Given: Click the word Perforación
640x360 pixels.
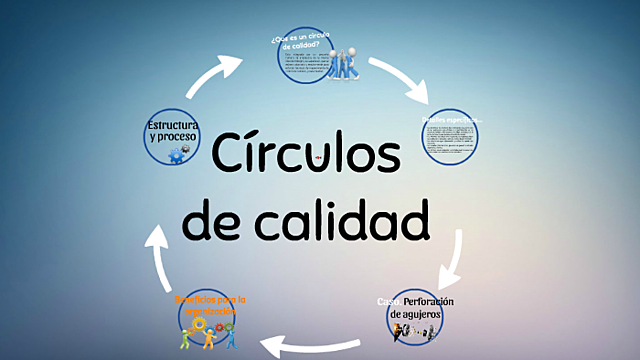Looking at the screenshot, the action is [429, 301].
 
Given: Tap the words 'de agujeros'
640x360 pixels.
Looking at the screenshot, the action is [414, 314].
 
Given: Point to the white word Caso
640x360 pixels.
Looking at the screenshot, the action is [388, 301].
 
